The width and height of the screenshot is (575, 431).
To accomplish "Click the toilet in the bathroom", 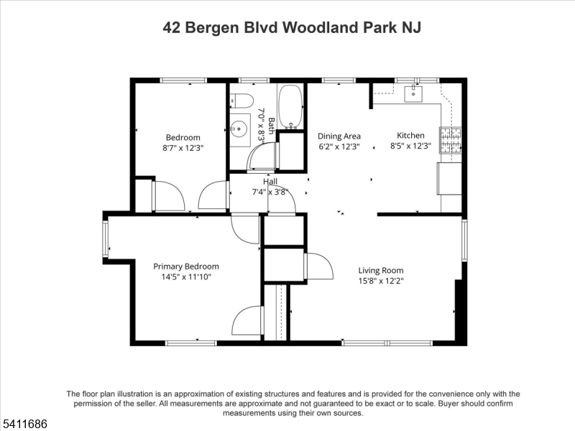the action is (242, 101).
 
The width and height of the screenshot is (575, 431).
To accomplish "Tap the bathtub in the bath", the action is (290, 107).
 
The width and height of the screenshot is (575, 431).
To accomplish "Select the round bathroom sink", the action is (239, 129).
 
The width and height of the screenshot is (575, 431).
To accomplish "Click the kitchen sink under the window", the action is (414, 93).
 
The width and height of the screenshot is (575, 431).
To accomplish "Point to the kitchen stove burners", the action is (451, 140).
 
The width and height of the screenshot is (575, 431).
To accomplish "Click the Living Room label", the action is (381, 271).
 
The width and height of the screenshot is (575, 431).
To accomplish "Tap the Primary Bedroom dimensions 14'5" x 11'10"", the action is (186, 277).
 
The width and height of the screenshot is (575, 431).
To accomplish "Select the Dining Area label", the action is (339, 136).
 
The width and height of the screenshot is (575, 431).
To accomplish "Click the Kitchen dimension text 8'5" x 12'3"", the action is (410, 146).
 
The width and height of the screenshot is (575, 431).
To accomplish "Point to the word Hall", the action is (270, 182).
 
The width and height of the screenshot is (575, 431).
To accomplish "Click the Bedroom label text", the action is (183, 137).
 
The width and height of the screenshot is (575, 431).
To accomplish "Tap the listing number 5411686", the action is (24, 424).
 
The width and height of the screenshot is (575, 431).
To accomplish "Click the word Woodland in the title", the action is (321, 27).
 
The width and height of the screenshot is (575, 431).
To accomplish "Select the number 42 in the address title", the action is (172, 27).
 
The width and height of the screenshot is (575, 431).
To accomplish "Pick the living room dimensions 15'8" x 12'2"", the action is (381, 281).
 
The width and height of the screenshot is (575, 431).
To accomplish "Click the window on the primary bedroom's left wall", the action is (106, 239).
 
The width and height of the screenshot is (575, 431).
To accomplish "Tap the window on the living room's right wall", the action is (464, 240).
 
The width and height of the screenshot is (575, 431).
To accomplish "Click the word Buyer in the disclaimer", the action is (449, 404).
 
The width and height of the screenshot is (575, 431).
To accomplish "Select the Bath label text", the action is (271, 126).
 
